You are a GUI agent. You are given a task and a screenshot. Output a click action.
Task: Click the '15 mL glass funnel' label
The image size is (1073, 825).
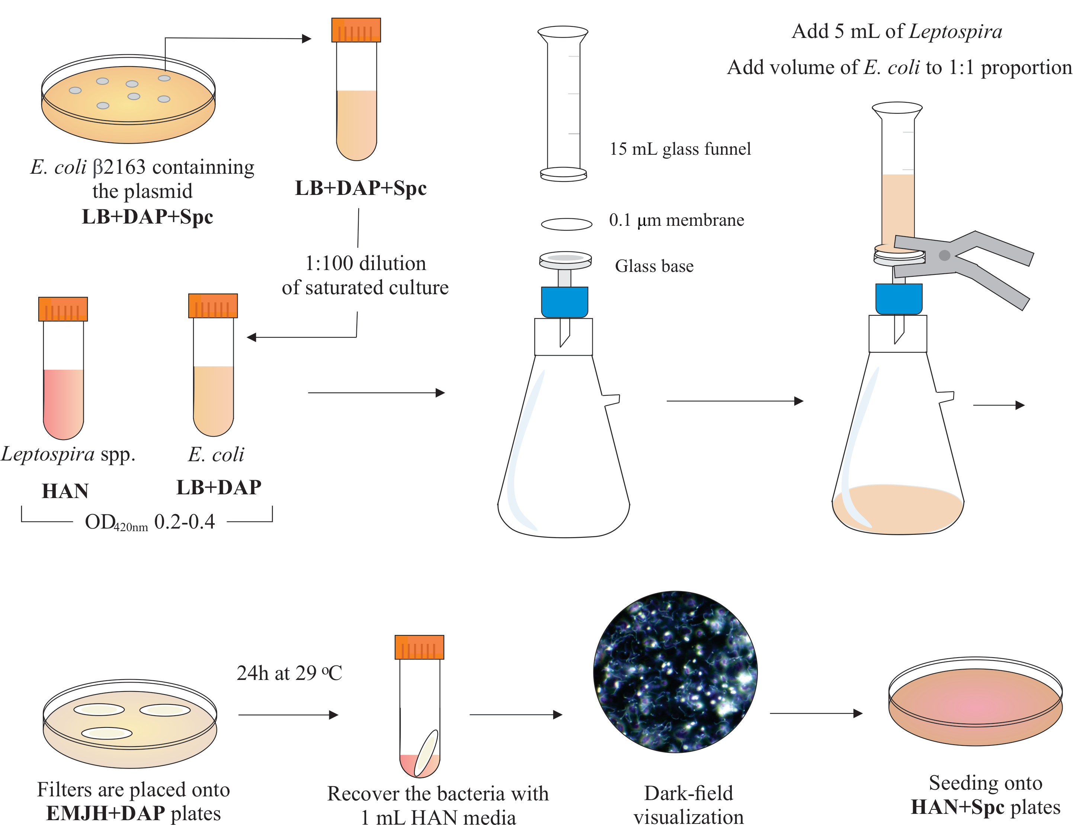[x=680, y=149]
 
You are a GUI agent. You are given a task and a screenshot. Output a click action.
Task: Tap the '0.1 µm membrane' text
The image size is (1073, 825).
[x=676, y=220]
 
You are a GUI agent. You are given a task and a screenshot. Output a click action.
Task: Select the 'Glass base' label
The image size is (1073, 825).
[x=654, y=266]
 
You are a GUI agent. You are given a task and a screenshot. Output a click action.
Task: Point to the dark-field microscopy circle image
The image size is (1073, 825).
[x=675, y=671]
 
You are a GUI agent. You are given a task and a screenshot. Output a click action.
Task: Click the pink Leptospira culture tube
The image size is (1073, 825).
[x=63, y=393]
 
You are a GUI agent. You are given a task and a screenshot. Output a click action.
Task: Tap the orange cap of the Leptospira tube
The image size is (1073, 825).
[x=63, y=309]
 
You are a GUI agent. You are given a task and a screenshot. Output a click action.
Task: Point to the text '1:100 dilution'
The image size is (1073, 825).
[x=365, y=264]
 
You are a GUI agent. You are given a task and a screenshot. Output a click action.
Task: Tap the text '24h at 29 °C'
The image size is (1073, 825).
[x=289, y=673]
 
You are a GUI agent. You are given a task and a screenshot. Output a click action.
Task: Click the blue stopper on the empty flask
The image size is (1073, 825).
[x=564, y=302]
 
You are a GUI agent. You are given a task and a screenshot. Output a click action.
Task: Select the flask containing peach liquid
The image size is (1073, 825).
[x=898, y=442]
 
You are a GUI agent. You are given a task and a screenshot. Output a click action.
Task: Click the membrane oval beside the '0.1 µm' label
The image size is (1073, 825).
[x=566, y=224]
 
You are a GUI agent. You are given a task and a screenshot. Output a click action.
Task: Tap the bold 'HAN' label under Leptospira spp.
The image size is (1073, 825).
[x=65, y=491]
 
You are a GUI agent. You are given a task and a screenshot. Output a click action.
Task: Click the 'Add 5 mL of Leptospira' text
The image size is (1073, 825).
[x=897, y=31]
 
